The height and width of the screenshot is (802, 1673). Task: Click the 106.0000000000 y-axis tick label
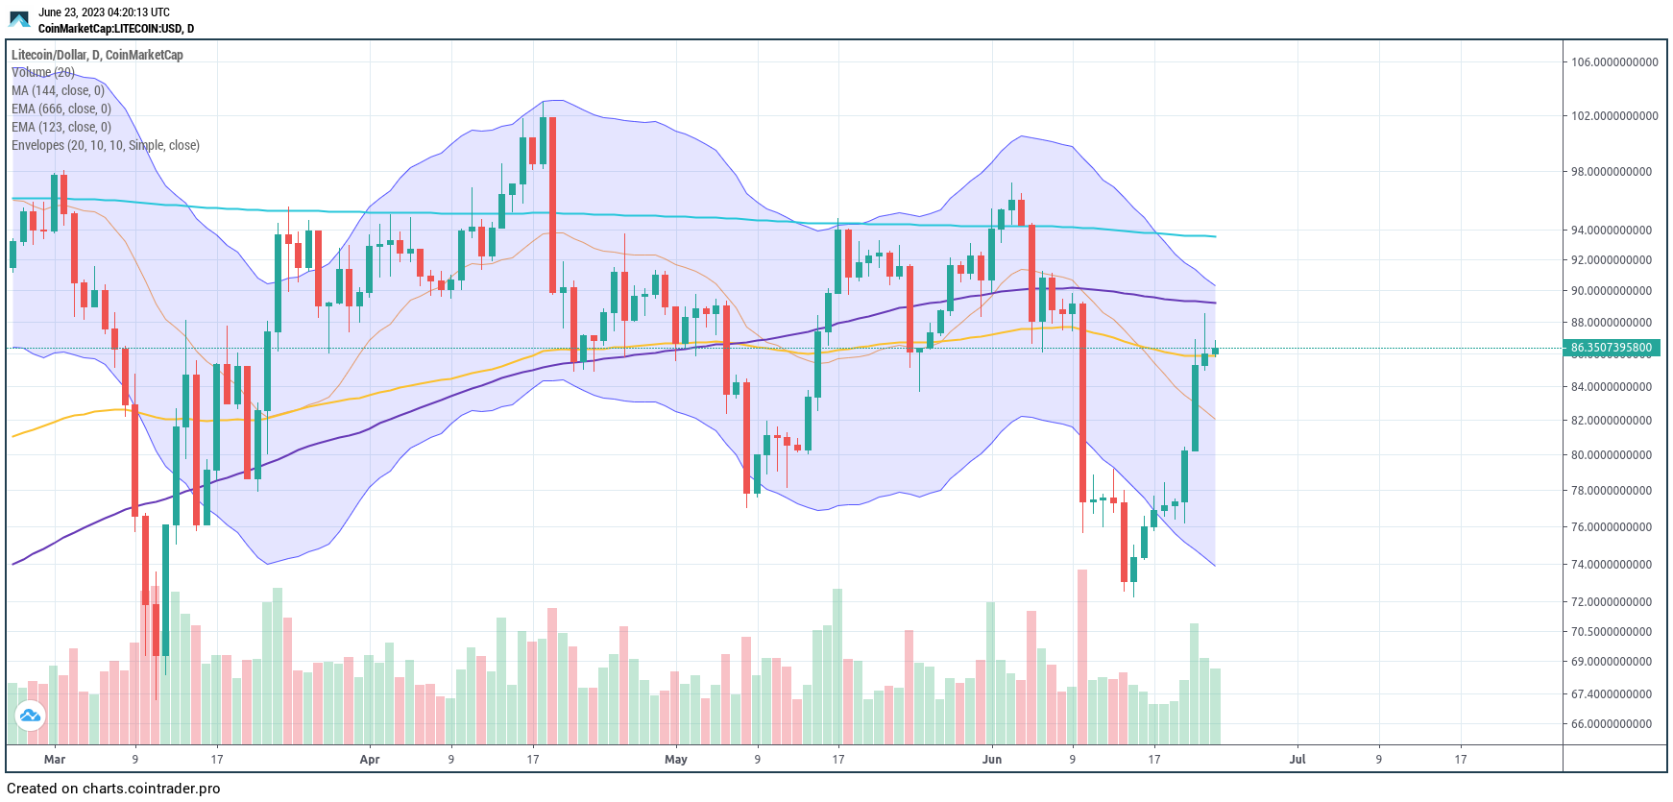tap(1613, 62)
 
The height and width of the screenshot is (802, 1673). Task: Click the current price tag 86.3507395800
tap(1611, 348)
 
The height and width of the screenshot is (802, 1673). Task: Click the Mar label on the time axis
tap(55, 760)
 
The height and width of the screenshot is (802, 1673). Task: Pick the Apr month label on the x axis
tap(370, 760)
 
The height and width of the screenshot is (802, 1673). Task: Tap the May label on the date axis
tap(676, 760)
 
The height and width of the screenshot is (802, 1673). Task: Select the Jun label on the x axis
tap(992, 760)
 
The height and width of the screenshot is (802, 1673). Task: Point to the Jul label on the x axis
tap(1297, 760)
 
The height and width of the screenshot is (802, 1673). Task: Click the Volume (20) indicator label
tap(43, 73)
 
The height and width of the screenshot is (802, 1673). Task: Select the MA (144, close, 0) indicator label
tap(58, 91)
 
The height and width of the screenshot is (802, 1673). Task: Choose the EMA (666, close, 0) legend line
tap(61, 109)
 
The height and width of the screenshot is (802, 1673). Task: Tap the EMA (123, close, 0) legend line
tap(61, 128)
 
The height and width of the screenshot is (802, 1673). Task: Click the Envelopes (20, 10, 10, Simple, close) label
tap(106, 146)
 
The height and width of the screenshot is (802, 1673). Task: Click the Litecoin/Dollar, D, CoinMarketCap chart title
tap(97, 55)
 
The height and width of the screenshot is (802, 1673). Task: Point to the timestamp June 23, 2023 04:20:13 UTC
tap(104, 12)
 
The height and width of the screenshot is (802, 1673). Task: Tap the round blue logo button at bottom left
tap(30, 716)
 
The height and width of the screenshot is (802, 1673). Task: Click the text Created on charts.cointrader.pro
tap(113, 789)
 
